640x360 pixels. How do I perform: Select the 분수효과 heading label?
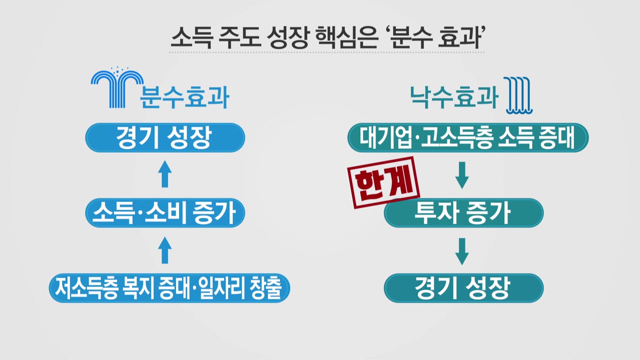tap(185, 97)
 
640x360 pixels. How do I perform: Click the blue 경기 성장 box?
tap(165, 137)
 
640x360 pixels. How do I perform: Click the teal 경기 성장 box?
tap(463, 288)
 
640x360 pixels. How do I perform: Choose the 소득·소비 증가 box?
tap(165, 213)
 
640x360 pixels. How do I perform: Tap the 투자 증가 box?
tap(463, 213)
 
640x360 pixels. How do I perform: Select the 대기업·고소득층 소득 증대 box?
tap(468, 137)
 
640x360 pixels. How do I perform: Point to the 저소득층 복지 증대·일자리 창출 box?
tap(169, 288)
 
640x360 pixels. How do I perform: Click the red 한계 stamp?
tap(383, 186)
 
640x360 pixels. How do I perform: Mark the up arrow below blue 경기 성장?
tap(165, 174)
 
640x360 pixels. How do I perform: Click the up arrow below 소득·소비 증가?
tap(165, 250)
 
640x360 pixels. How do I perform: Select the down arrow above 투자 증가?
tap(462, 175)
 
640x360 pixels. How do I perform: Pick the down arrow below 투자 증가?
tap(462, 251)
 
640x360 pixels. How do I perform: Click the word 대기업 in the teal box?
tap(382, 138)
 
